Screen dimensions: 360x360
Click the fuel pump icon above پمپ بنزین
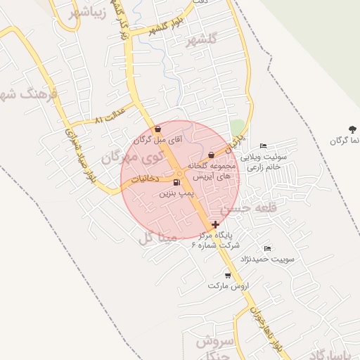pos(175,183)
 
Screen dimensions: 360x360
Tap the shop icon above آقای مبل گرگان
pos(157,129)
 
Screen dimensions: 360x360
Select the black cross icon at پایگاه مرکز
pos(214,225)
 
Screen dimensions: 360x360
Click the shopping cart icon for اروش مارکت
pos(227,276)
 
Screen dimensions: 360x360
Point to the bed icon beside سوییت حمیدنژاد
pos(266,249)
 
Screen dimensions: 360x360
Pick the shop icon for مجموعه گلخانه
pos(211,155)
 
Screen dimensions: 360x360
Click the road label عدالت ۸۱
pos(108,117)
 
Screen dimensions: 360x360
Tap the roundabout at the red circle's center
pos(180,173)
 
